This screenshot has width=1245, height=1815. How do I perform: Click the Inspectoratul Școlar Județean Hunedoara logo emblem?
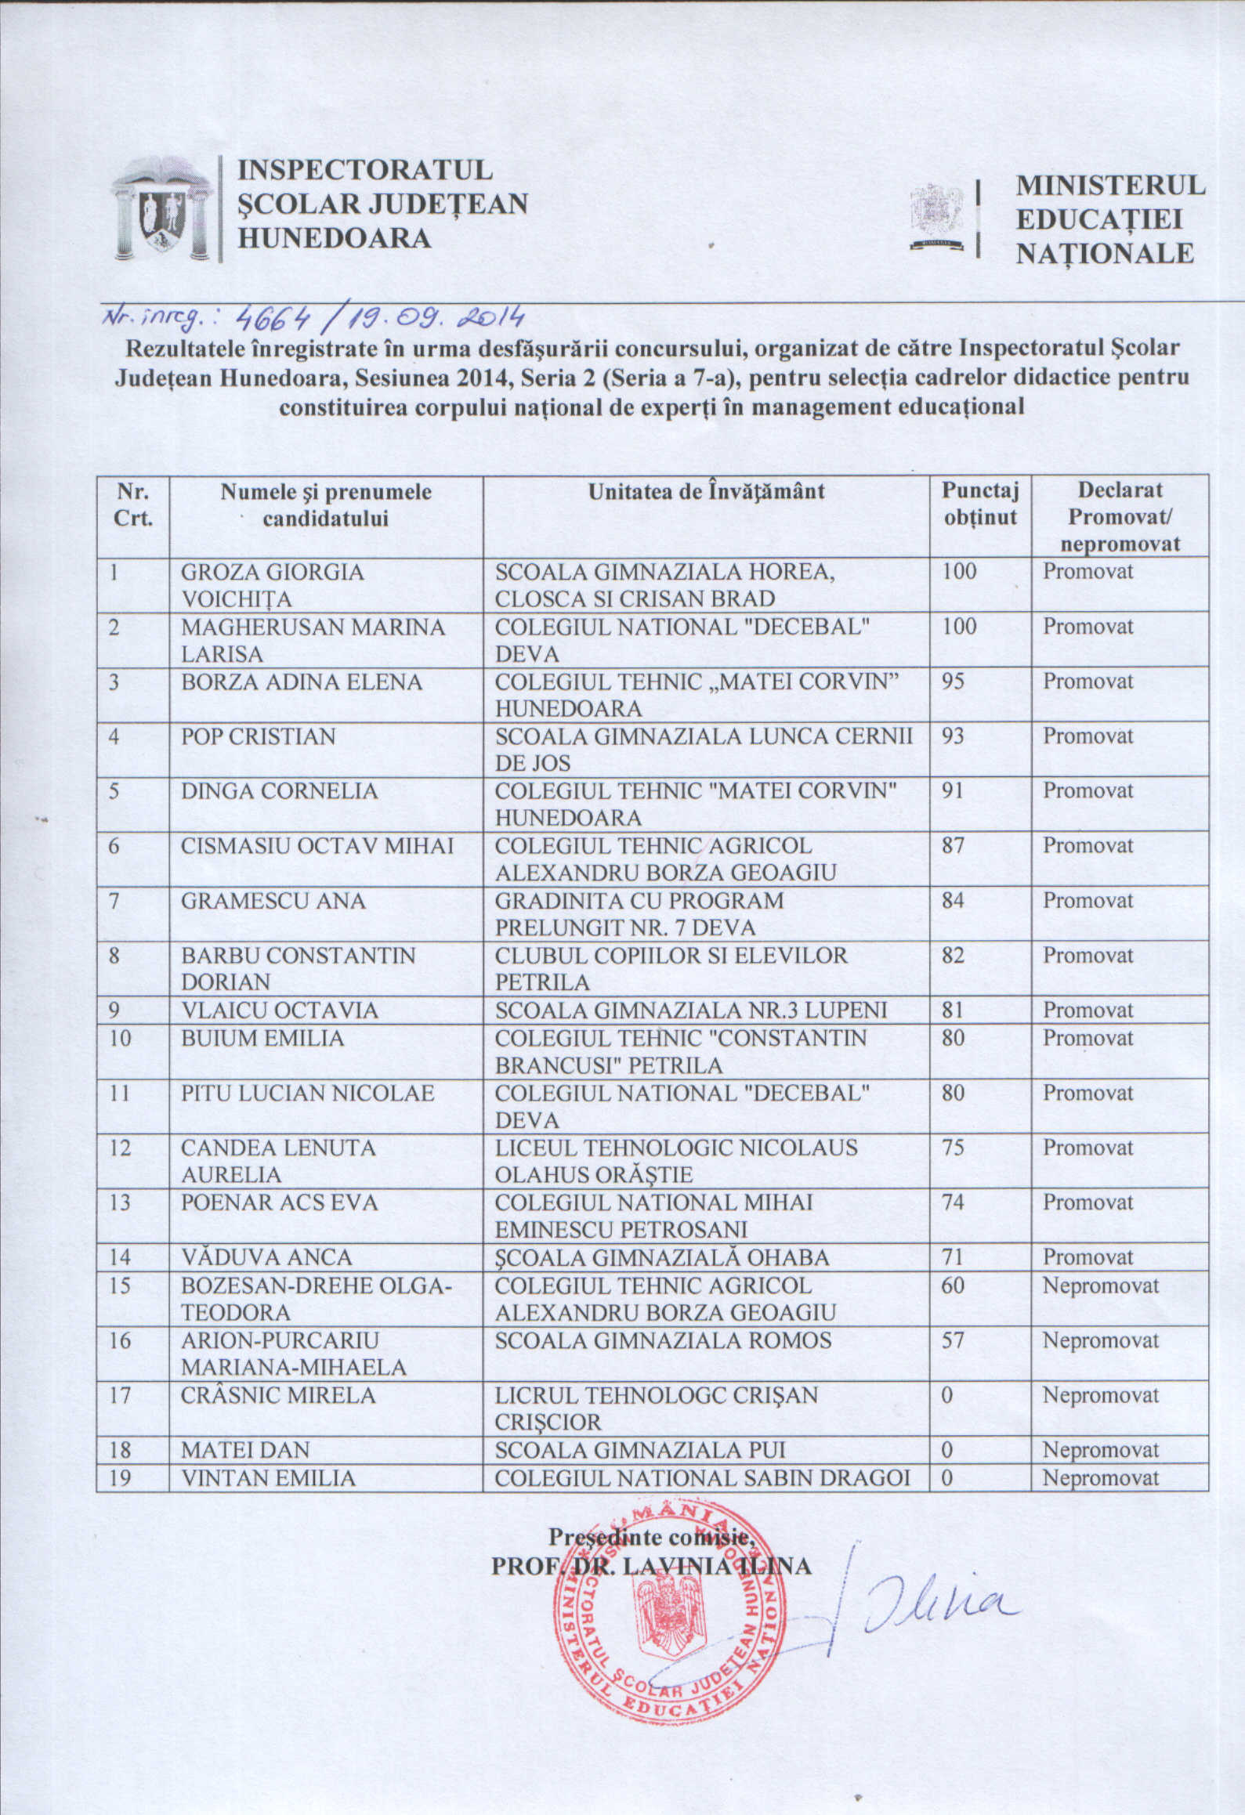tap(162, 209)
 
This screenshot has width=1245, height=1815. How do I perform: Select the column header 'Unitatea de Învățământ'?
tap(706, 492)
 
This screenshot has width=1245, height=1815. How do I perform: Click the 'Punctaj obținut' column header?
tap(979, 504)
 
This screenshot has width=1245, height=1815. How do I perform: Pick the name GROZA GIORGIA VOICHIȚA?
tap(272, 585)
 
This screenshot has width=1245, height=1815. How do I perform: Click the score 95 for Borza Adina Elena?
tap(953, 682)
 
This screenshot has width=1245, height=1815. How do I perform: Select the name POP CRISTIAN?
tap(258, 736)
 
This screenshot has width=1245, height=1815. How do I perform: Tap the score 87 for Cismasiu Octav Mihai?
tap(953, 846)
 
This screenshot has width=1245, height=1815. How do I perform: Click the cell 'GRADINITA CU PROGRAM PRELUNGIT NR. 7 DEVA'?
tap(639, 914)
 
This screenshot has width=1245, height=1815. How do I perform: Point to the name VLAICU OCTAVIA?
tap(279, 1010)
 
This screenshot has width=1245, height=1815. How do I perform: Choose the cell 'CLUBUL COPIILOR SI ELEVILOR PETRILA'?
tap(671, 969)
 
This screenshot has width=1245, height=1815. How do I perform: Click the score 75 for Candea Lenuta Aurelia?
tap(953, 1148)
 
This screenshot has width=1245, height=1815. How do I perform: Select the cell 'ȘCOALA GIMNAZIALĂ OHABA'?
tap(662, 1257)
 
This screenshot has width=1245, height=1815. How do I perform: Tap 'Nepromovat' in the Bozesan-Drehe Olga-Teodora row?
tap(1100, 1285)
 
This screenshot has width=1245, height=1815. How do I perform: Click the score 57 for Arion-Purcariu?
tap(953, 1340)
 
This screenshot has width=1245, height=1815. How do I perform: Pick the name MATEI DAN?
tap(244, 1450)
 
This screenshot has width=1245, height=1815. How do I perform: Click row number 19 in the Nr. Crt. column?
tap(120, 1478)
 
